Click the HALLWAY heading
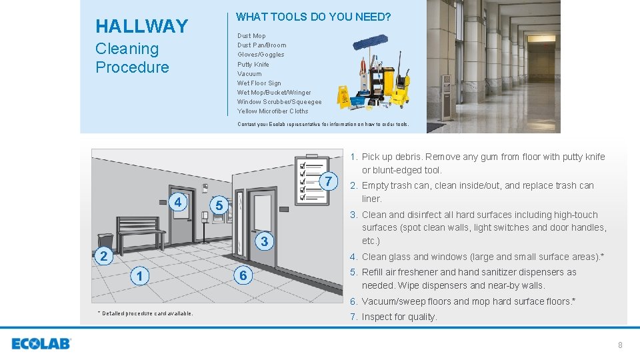click(x=142, y=26)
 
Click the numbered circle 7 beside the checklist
click(x=328, y=181)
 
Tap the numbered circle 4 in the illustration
click(x=178, y=201)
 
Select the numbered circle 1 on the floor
click(x=139, y=276)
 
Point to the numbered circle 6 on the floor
click(x=243, y=275)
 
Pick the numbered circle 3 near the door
click(x=264, y=241)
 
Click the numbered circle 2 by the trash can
click(x=103, y=256)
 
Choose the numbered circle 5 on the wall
click(x=220, y=207)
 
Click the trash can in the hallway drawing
click(x=105, y=241)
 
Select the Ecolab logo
click(x=41, y=344)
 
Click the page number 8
click(x=620, y=345)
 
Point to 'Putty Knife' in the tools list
click(x=253, y=64)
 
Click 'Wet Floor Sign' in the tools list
click(x=259, y=83)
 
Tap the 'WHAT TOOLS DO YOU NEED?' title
click(x=313, y=16)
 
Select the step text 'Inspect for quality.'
click(x=399, y=317)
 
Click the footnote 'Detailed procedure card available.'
click(x=145, y=313)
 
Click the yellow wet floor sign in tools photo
click(x=344, y=99)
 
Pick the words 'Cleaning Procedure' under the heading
click(x=132, y=58)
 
